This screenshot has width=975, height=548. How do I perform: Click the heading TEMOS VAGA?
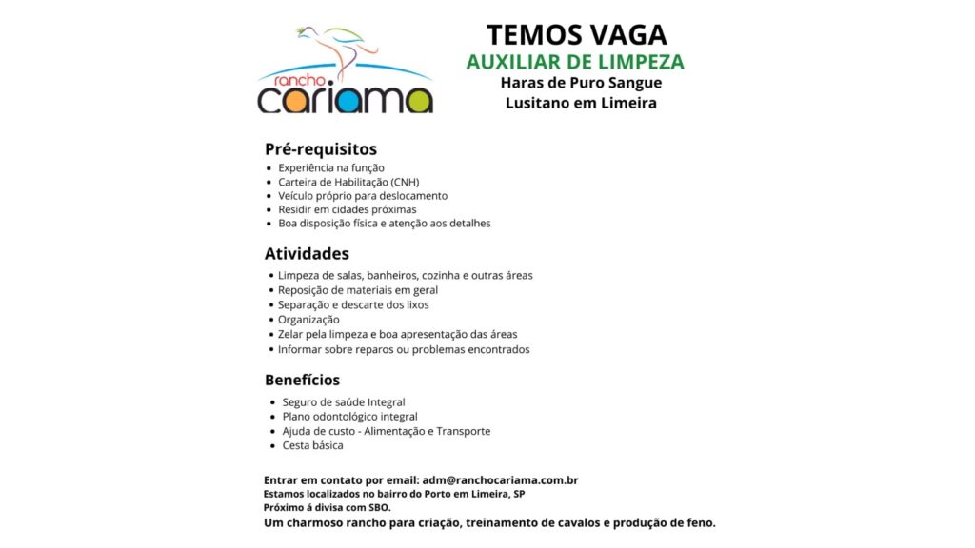tap(576, 35)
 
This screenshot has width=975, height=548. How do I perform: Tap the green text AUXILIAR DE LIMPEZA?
tap(575, 63)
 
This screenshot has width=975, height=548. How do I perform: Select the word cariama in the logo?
tap(345, 99)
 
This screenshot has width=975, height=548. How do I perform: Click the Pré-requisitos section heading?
tap(321, 149)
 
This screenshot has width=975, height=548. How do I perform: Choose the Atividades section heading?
tap(307, 254)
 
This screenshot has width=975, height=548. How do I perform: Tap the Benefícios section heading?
tap(302, 380)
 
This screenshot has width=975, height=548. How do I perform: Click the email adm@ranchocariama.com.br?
tap(501, 480)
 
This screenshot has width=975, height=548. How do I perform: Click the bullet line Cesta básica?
tap(312, 445)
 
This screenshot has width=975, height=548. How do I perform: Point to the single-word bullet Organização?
tap(308, 320)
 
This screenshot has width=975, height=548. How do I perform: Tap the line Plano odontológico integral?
tap(349, 417)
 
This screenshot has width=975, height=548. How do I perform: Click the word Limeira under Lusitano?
tap(628, 103)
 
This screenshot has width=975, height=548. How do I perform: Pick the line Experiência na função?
tap(330, 167)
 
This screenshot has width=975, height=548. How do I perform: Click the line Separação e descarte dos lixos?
tap(353, 305)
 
